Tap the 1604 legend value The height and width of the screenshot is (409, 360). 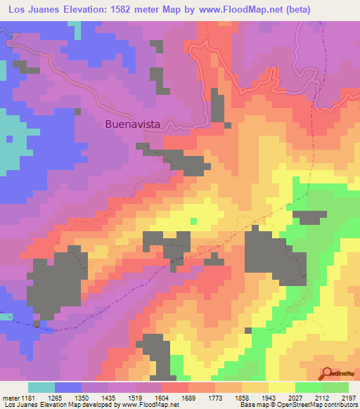point(148,398)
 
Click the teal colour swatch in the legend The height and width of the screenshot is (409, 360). point(41,387)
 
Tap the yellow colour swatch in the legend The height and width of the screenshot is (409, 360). point(281,387)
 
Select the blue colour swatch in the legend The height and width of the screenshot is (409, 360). point(68,387)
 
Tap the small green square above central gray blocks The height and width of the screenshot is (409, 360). point(193,221)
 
